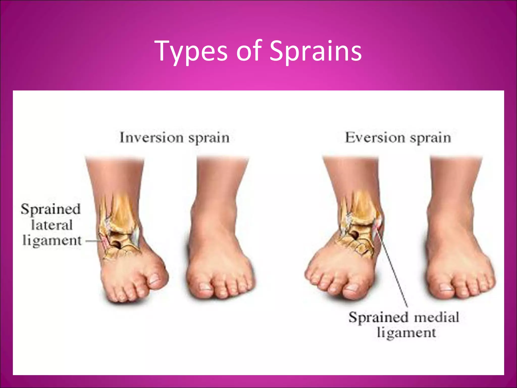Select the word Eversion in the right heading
[x=375, y=138]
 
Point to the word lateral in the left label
[x=52, y=225]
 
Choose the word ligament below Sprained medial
[x=406, y=333]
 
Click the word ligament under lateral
[x=52, y=241]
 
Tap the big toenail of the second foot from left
[x=205, y=286]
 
